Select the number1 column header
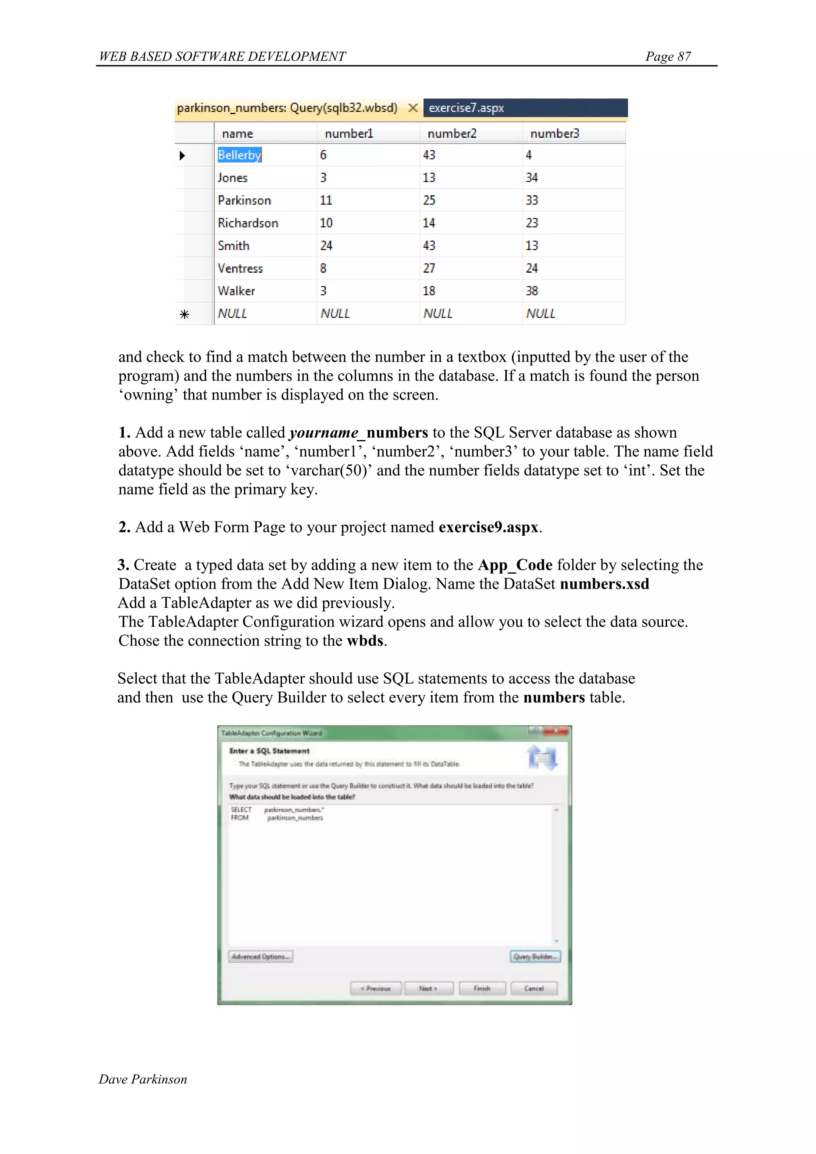coord(349,133)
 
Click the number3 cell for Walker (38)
coord(532,291)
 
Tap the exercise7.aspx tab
coord(466,108)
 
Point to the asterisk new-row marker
coord(184,314)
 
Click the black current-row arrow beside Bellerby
coord(182,155)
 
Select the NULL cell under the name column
coord(232,314)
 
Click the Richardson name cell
coord(248,223)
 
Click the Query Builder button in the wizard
coord(535,956)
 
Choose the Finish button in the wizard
coord(482,988)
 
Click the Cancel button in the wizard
coord(534,988)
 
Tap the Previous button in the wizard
coord(376,988)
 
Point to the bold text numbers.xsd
coord(604,584)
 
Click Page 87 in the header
coord(668,56)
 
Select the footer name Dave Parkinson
coord(143,1079)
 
